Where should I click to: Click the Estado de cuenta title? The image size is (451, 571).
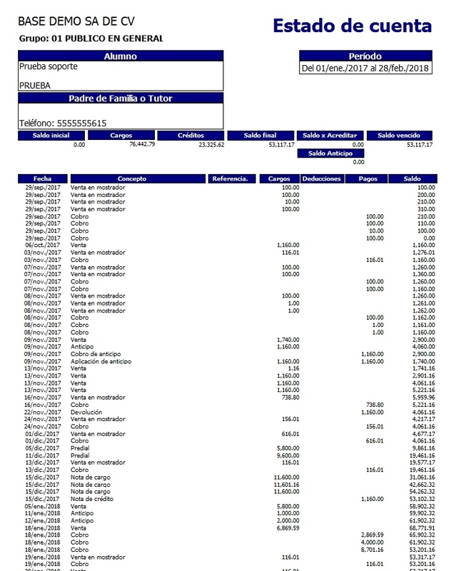(x=352, y=26)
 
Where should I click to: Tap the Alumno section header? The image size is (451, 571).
(x=121, y=56)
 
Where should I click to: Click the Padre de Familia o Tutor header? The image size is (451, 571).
(x=121, y=98)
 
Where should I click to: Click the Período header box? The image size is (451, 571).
(x=365, y=56)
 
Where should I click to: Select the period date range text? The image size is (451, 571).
(x=365, y=69)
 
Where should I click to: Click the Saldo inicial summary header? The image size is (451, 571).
(x=51, y=135)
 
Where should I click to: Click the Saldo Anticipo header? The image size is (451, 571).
(x=330, y=153)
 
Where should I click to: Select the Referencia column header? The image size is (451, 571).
(x=230, y=178)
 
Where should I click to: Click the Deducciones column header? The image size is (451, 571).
(x=321, y=178)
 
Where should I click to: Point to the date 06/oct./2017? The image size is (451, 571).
(x=42, y=245)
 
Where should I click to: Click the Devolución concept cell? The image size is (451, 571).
(x=86, y=413)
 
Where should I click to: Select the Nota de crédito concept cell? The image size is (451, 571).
(x=91, y=499)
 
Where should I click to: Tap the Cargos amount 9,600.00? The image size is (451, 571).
(x=287, y=455)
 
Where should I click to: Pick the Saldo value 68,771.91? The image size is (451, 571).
(x=418, y=527)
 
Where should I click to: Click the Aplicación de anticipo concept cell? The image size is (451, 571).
(x=101, y=361)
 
